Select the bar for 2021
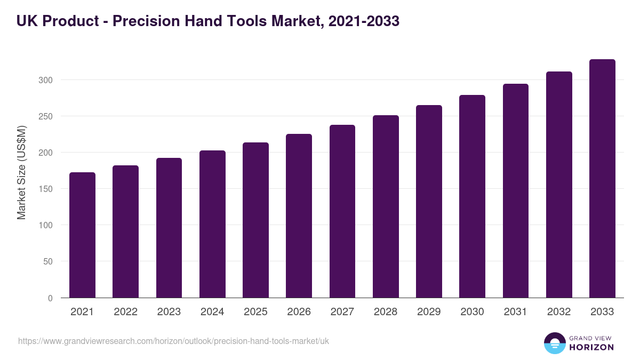tap(82, 235)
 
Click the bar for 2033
tap(602, 179)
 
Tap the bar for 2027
tap(342, 211)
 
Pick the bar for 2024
tap(212, 224)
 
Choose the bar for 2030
tap(472, 196)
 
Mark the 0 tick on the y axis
tap(50, 298)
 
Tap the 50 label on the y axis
tap(48, 261)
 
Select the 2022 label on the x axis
tap(125, 312)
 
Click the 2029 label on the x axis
tap(429, 312)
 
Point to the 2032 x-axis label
tap(559, 312)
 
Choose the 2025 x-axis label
tap(255, 312)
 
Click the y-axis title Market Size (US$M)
tap(21, 172)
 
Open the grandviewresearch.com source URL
tap(173, 341)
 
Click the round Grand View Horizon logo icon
tap(554, 343)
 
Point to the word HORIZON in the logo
tap(591, 347)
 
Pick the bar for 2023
tap(169, 228)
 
